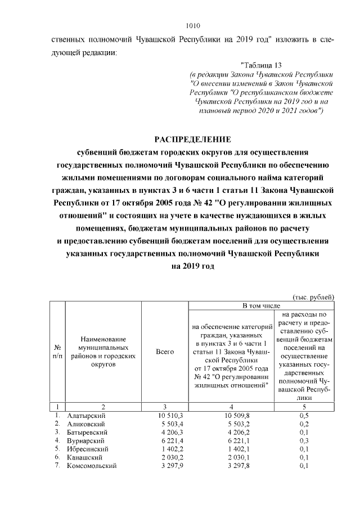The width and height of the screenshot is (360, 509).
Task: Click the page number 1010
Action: pos(192,26)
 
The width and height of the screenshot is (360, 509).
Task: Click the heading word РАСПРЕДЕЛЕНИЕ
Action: pos(192,139)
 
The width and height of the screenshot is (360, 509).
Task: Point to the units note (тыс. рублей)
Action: pos(313,296)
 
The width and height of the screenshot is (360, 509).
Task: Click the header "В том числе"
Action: pos(261,305)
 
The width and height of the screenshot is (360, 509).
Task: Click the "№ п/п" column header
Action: pos(57,352)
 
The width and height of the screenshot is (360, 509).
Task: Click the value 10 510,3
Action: pos(164,416)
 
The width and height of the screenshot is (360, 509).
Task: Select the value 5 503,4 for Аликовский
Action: pos(165,424)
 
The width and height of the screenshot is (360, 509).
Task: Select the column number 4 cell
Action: pos(231,406)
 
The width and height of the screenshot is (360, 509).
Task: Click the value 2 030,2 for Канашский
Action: pos(165,458)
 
